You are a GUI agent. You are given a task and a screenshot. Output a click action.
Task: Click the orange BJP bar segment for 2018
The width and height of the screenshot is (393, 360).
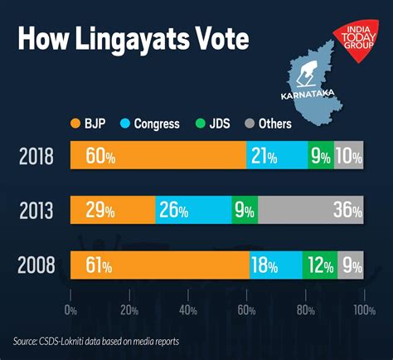158,155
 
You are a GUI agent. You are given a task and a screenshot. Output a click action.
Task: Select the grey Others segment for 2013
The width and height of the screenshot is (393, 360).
311,210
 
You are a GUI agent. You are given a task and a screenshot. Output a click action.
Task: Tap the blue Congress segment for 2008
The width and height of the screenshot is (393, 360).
276,265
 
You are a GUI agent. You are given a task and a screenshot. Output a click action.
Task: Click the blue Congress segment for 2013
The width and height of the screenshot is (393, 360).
194,210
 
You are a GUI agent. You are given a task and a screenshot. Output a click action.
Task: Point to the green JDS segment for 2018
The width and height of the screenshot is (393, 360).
320,155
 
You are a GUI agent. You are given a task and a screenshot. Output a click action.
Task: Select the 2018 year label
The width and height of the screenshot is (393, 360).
36,156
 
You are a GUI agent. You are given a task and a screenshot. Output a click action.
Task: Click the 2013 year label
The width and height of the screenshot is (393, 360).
36,211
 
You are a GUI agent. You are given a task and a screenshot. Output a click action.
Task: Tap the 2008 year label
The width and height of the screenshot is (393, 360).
36,266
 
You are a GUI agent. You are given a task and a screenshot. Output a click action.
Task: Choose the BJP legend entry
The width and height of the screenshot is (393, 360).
90,124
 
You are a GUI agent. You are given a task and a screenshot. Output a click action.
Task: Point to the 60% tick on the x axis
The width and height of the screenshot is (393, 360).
245,311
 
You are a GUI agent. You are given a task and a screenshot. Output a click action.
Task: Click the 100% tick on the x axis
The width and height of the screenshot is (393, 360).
363,311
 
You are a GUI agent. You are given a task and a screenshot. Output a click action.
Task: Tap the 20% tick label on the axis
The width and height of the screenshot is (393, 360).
129,311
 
